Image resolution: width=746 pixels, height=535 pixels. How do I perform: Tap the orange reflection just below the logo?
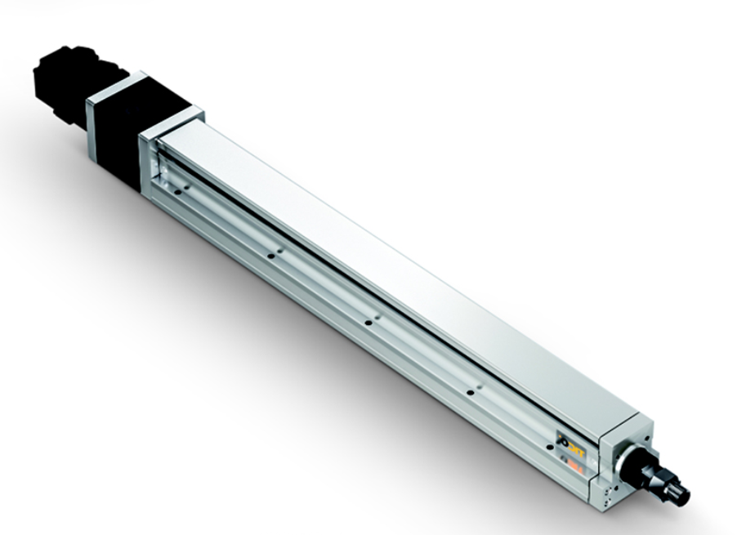573,461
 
